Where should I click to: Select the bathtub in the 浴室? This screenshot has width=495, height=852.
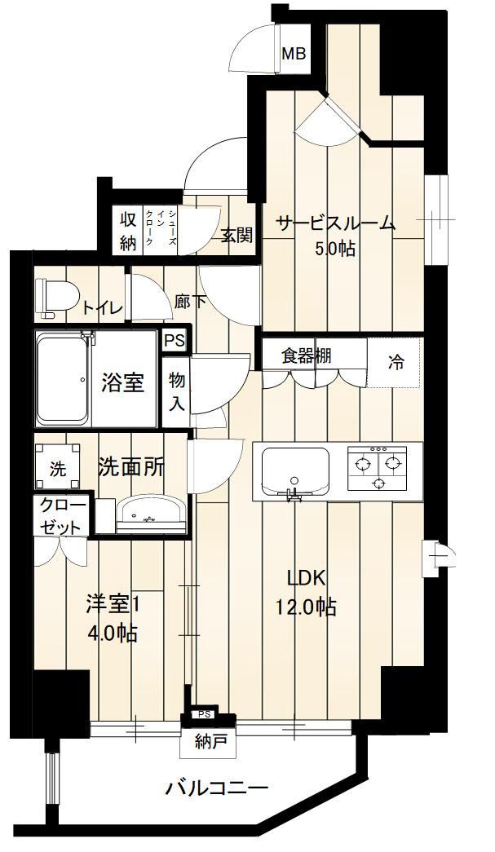[x=62, y=379]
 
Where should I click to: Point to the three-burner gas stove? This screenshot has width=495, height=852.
[x=377, y=466]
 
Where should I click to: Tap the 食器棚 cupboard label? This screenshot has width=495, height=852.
[x=307, y=356]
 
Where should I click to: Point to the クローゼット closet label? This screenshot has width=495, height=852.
[x=63, y=517]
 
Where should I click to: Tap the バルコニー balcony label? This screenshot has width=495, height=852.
[x=217, y=788]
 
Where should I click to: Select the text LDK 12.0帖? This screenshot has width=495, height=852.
[x=312, y=592]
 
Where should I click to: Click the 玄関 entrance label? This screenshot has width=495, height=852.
[x=237, y=235]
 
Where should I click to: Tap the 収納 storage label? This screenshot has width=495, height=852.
[x=128, y=232]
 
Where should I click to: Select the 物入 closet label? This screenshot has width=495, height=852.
[x=177, y=391]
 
